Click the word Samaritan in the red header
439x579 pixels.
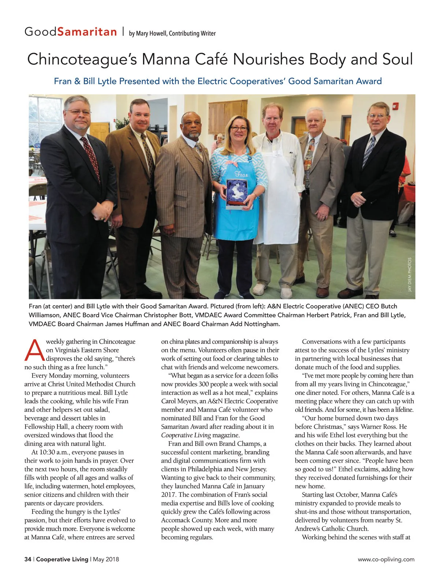pos(87,32)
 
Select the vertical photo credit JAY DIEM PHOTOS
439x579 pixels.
pos(410,274)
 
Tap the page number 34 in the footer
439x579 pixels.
pos(28,559)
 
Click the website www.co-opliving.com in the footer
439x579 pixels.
pos(386,559)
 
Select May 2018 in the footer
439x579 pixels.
pos(106,559)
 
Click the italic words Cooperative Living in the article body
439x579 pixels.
pos(186,435)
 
